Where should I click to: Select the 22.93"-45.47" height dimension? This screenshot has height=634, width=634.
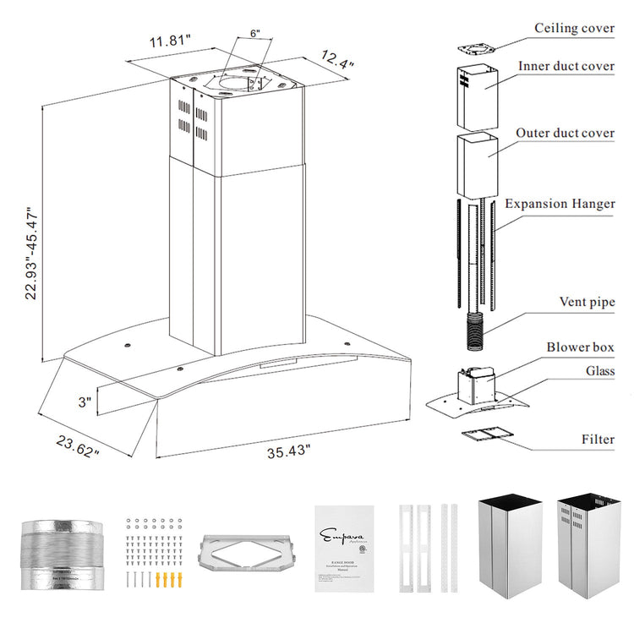(32, 254)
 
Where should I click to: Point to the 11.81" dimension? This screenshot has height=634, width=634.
(171, 40)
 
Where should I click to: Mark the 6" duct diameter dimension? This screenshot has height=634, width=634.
(254, 34)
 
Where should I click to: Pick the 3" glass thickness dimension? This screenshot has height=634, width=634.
(84, 402)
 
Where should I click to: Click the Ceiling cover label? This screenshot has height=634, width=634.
(574, 29)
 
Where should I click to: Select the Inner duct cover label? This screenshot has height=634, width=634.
(566, 66)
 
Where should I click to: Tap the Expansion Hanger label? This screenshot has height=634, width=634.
(560, 204)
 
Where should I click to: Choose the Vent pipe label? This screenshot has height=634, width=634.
(587, 302)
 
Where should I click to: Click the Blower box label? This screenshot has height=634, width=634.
(580, 347)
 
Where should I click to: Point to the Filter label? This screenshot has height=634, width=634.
(598, 439)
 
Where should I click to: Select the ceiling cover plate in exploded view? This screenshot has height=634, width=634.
(478, 49)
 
